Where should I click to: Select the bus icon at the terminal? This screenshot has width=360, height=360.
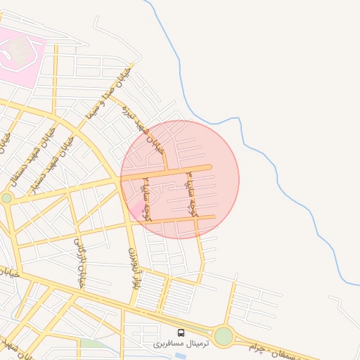pos(181,333)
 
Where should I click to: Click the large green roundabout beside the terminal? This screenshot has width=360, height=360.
pos(224,336)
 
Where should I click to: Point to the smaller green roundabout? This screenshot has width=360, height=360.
pos(6,198)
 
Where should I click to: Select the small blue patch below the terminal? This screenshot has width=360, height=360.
pos(180,356)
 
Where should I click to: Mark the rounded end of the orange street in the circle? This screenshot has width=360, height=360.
pos(209,167)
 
